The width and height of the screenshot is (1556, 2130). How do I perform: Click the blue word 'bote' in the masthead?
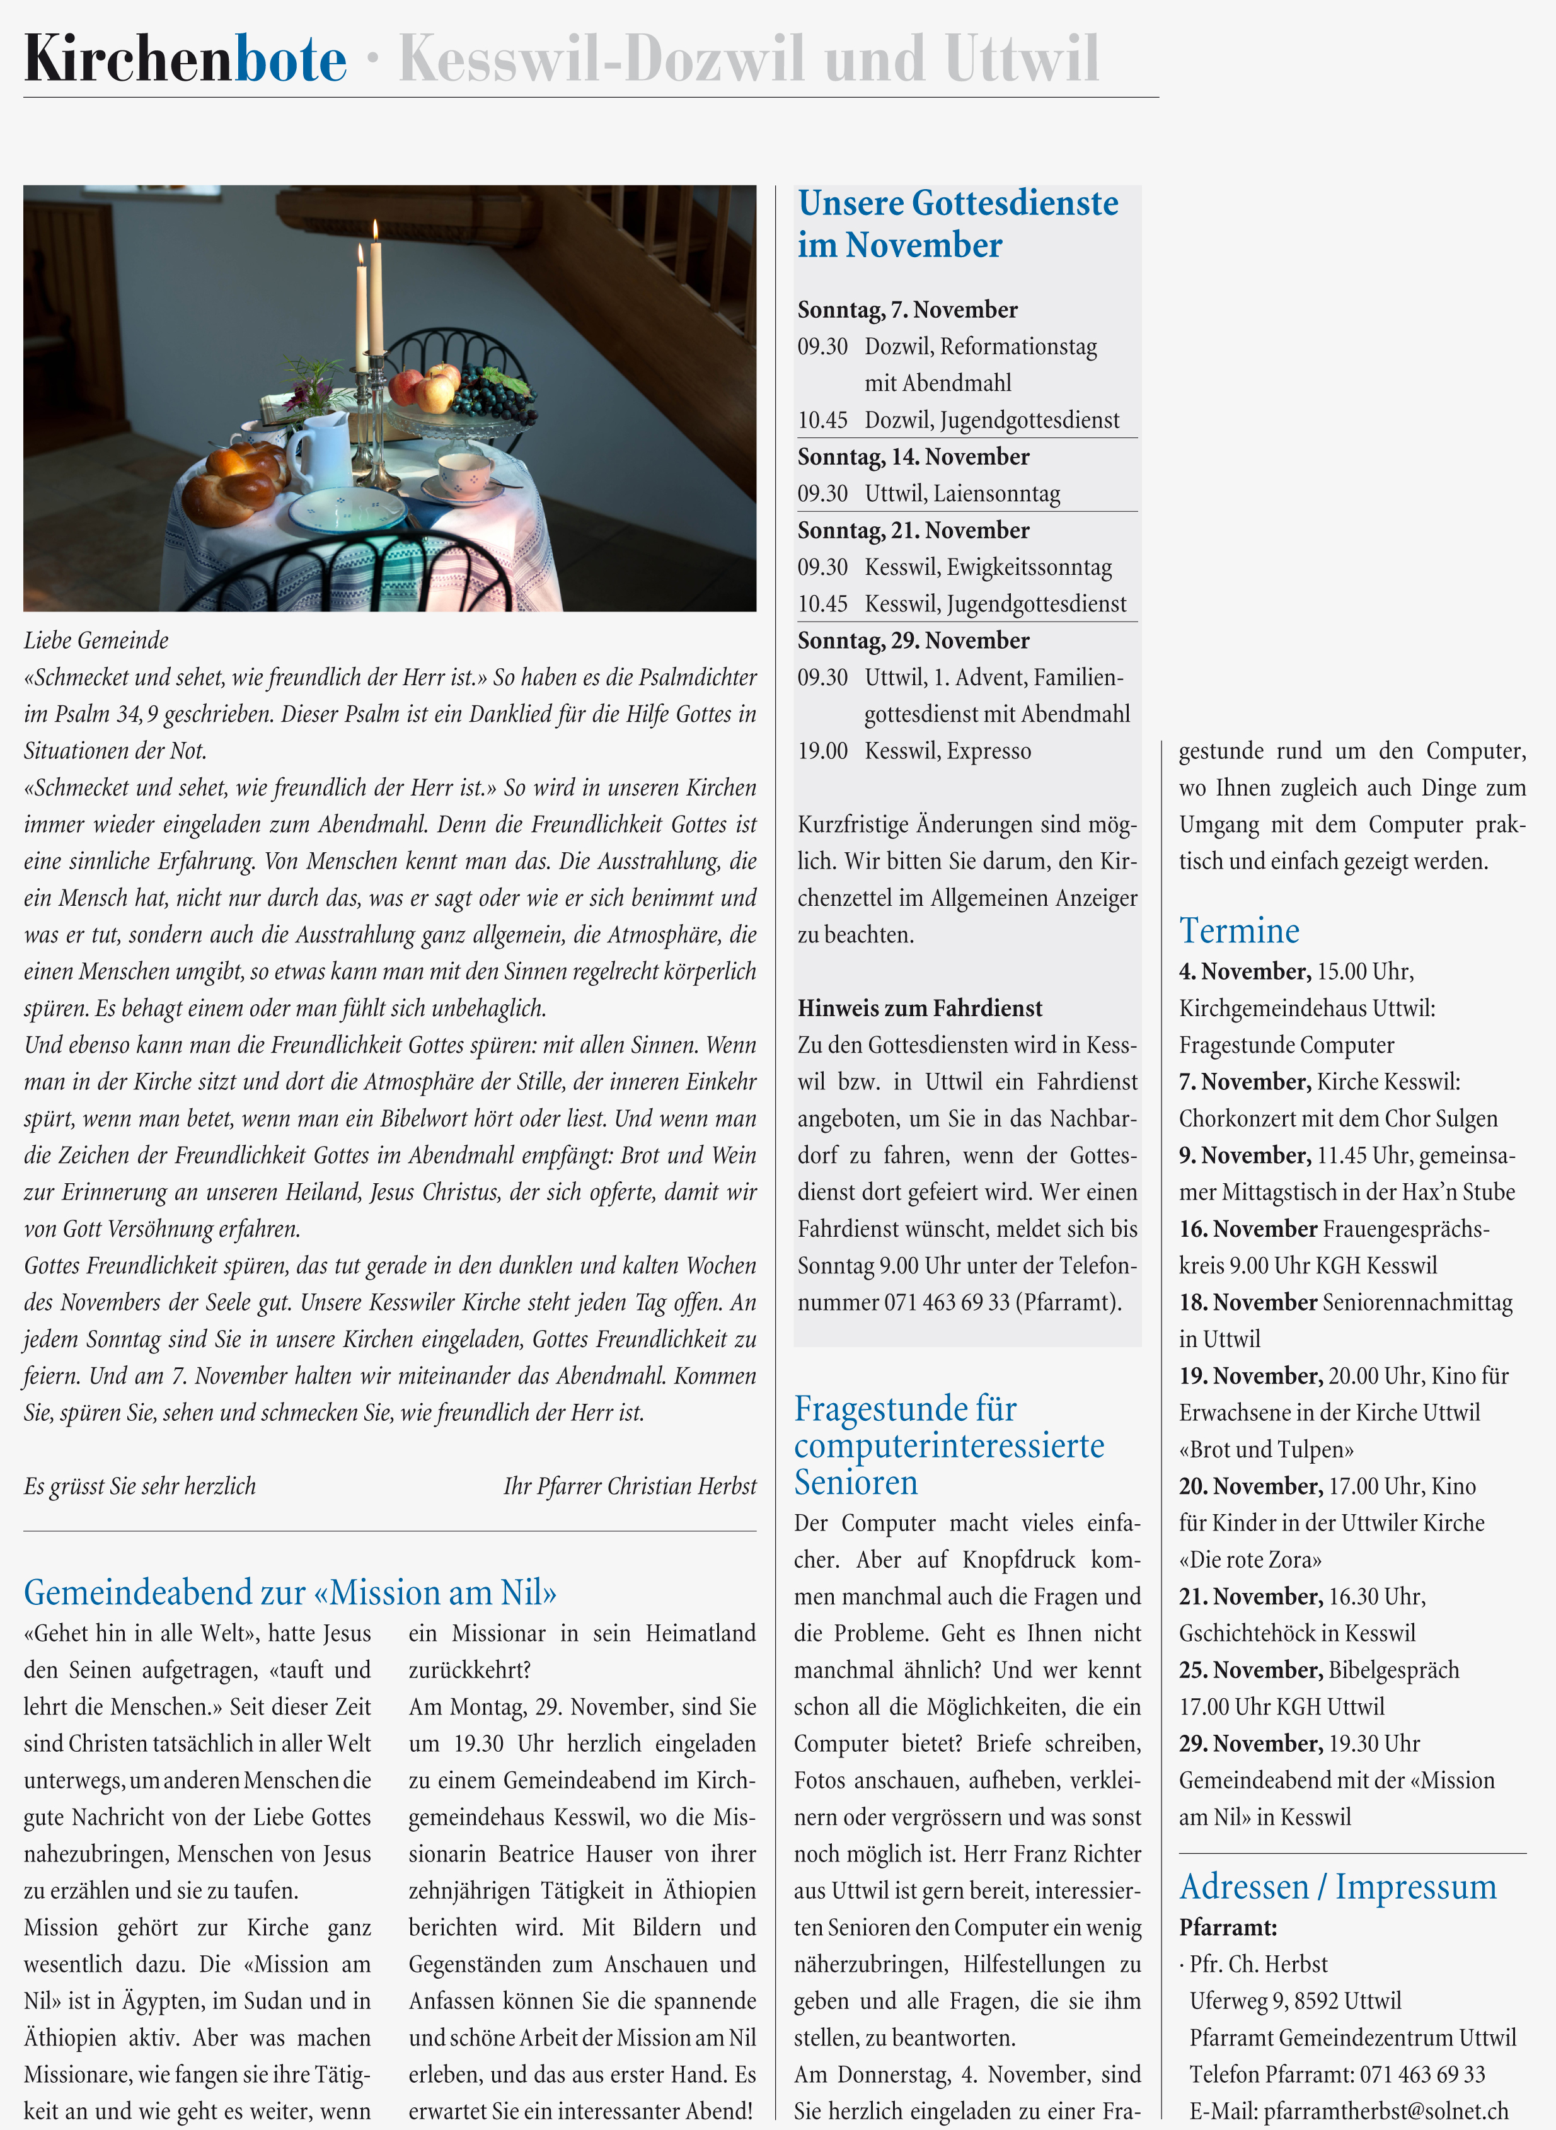tap(290, 59)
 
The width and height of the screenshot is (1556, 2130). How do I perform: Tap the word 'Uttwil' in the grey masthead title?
tap(1022, 59)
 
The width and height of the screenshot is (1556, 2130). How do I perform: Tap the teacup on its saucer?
tap(464, 471)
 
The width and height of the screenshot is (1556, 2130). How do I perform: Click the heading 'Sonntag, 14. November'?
tap(913, 457)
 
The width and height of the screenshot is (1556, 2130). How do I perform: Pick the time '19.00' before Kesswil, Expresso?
tap(822, 751)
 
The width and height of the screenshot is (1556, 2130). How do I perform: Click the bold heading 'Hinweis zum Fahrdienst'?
tap(919, 1008)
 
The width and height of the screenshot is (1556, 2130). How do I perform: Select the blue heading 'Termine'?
tap(1238, 931)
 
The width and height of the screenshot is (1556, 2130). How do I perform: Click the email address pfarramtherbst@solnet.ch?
tap(1385, 2111)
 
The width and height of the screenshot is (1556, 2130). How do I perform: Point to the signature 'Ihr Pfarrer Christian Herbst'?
tap(629, 1486)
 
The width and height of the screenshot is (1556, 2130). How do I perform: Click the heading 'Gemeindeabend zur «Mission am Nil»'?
tap(290, 1592)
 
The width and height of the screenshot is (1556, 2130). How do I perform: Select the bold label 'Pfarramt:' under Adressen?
tap(1227, 1928)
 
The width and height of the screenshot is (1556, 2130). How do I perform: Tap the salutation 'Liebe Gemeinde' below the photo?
tap(96, 640)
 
